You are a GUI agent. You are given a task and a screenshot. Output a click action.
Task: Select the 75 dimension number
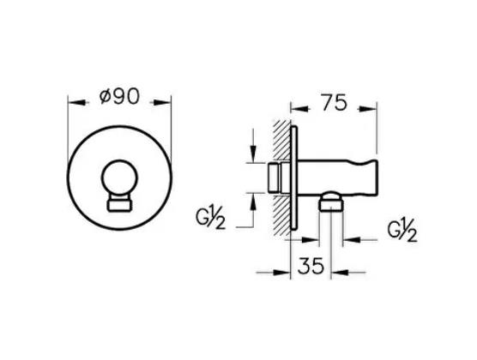333,104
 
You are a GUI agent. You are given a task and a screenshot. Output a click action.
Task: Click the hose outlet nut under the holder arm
329,204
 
